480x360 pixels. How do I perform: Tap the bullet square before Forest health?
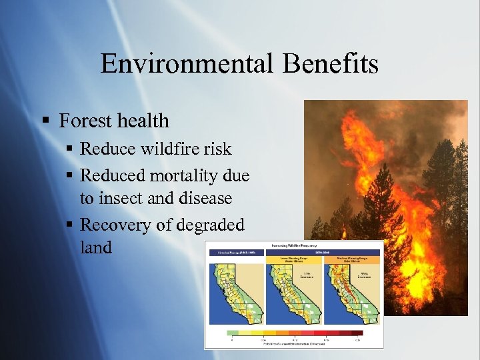point(45,121)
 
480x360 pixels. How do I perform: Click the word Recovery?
point(115,225)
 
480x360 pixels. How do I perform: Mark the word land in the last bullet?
point(96,247)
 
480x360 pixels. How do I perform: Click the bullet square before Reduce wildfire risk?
point(71,149)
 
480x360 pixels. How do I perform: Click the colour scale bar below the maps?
point(295,332)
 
